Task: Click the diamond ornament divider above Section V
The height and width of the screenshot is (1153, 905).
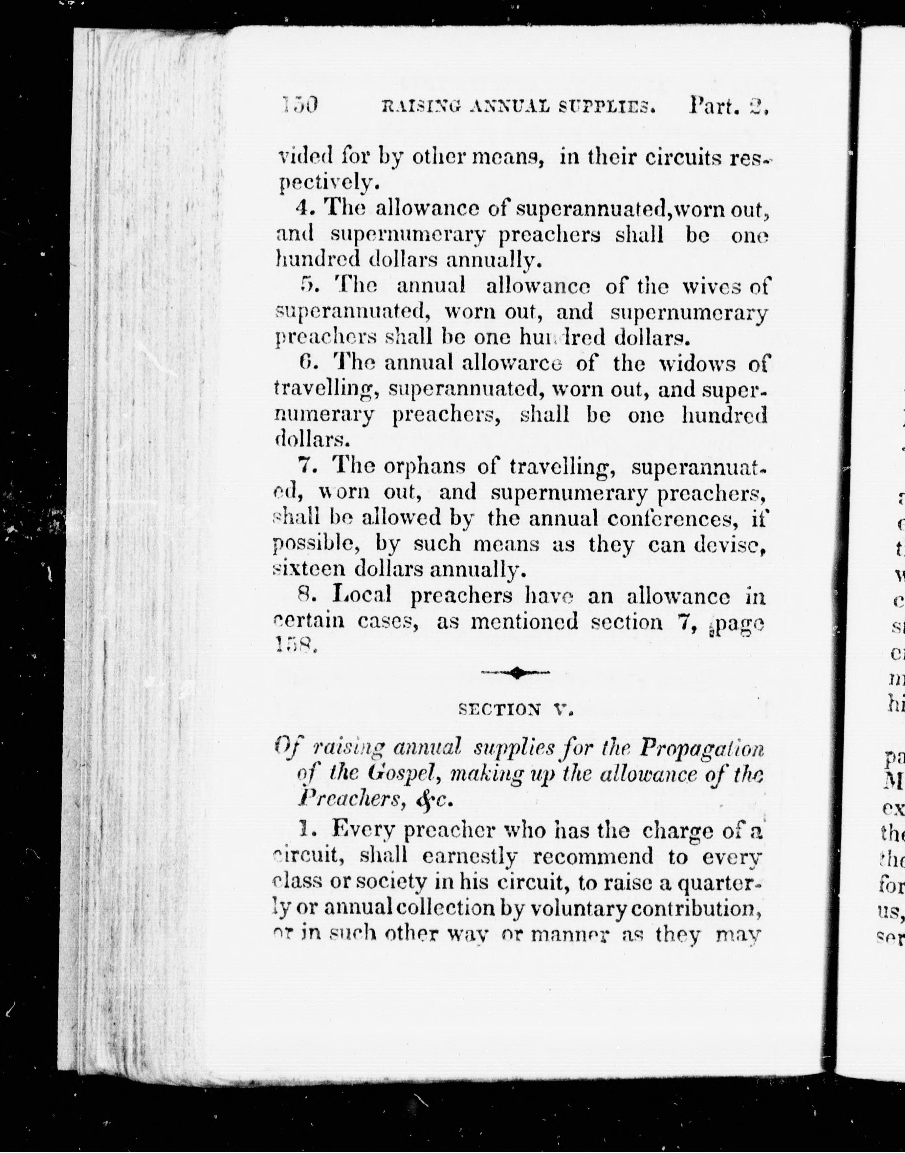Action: (515, 673)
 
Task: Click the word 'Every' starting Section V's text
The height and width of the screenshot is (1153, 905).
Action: (363, 831)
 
